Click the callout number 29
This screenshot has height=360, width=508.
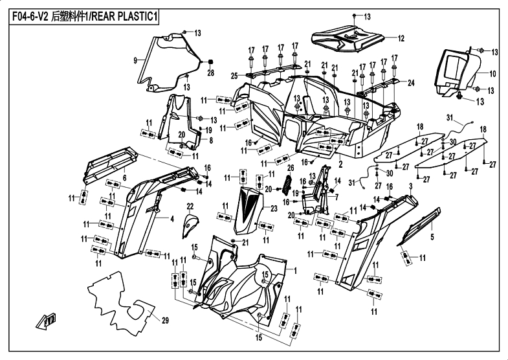point(165,321)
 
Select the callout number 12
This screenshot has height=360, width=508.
point(401,39)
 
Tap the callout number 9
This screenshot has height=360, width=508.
point(135,60)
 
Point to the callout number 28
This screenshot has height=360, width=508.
point(210,73)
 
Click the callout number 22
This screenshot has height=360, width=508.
point(190,206)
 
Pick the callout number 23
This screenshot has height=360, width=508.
point(274,208)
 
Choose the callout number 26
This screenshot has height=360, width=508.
point(291,168)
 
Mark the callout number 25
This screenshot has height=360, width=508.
point(235,76)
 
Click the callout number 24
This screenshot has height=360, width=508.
point(411,83)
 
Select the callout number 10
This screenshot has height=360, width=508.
point(492,74)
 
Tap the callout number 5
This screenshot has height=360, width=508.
point(432,237)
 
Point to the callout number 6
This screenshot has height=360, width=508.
point(125,177)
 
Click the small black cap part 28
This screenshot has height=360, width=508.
point(210,62)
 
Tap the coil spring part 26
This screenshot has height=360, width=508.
point(287,185)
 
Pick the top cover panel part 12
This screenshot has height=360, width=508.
point(348,38)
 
